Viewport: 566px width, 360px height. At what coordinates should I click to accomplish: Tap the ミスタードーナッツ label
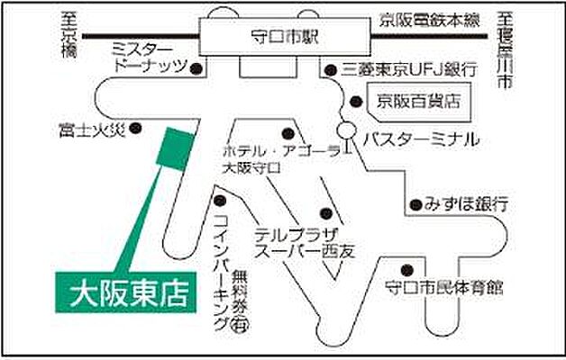click(149, 56)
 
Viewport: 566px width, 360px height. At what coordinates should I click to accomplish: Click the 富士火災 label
click(87, 130)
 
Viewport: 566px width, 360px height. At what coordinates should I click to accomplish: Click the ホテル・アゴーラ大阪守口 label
click(269, 158)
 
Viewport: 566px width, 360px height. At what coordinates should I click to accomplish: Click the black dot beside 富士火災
click(136, 130)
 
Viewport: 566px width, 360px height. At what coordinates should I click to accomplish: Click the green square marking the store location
click(173, 147)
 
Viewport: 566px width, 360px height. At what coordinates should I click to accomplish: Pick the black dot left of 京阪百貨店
click(358, 101)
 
